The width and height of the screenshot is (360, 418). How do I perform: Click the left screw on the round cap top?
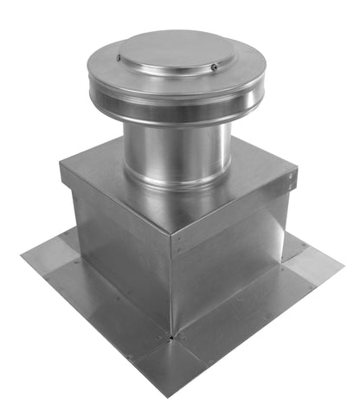[x=119, y=58]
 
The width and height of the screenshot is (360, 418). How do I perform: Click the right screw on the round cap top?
[x=214, y=67]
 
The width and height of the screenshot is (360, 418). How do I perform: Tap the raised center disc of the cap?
[x=177, y=52]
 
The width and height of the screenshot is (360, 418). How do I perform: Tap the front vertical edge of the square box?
[x=171, y=286]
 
